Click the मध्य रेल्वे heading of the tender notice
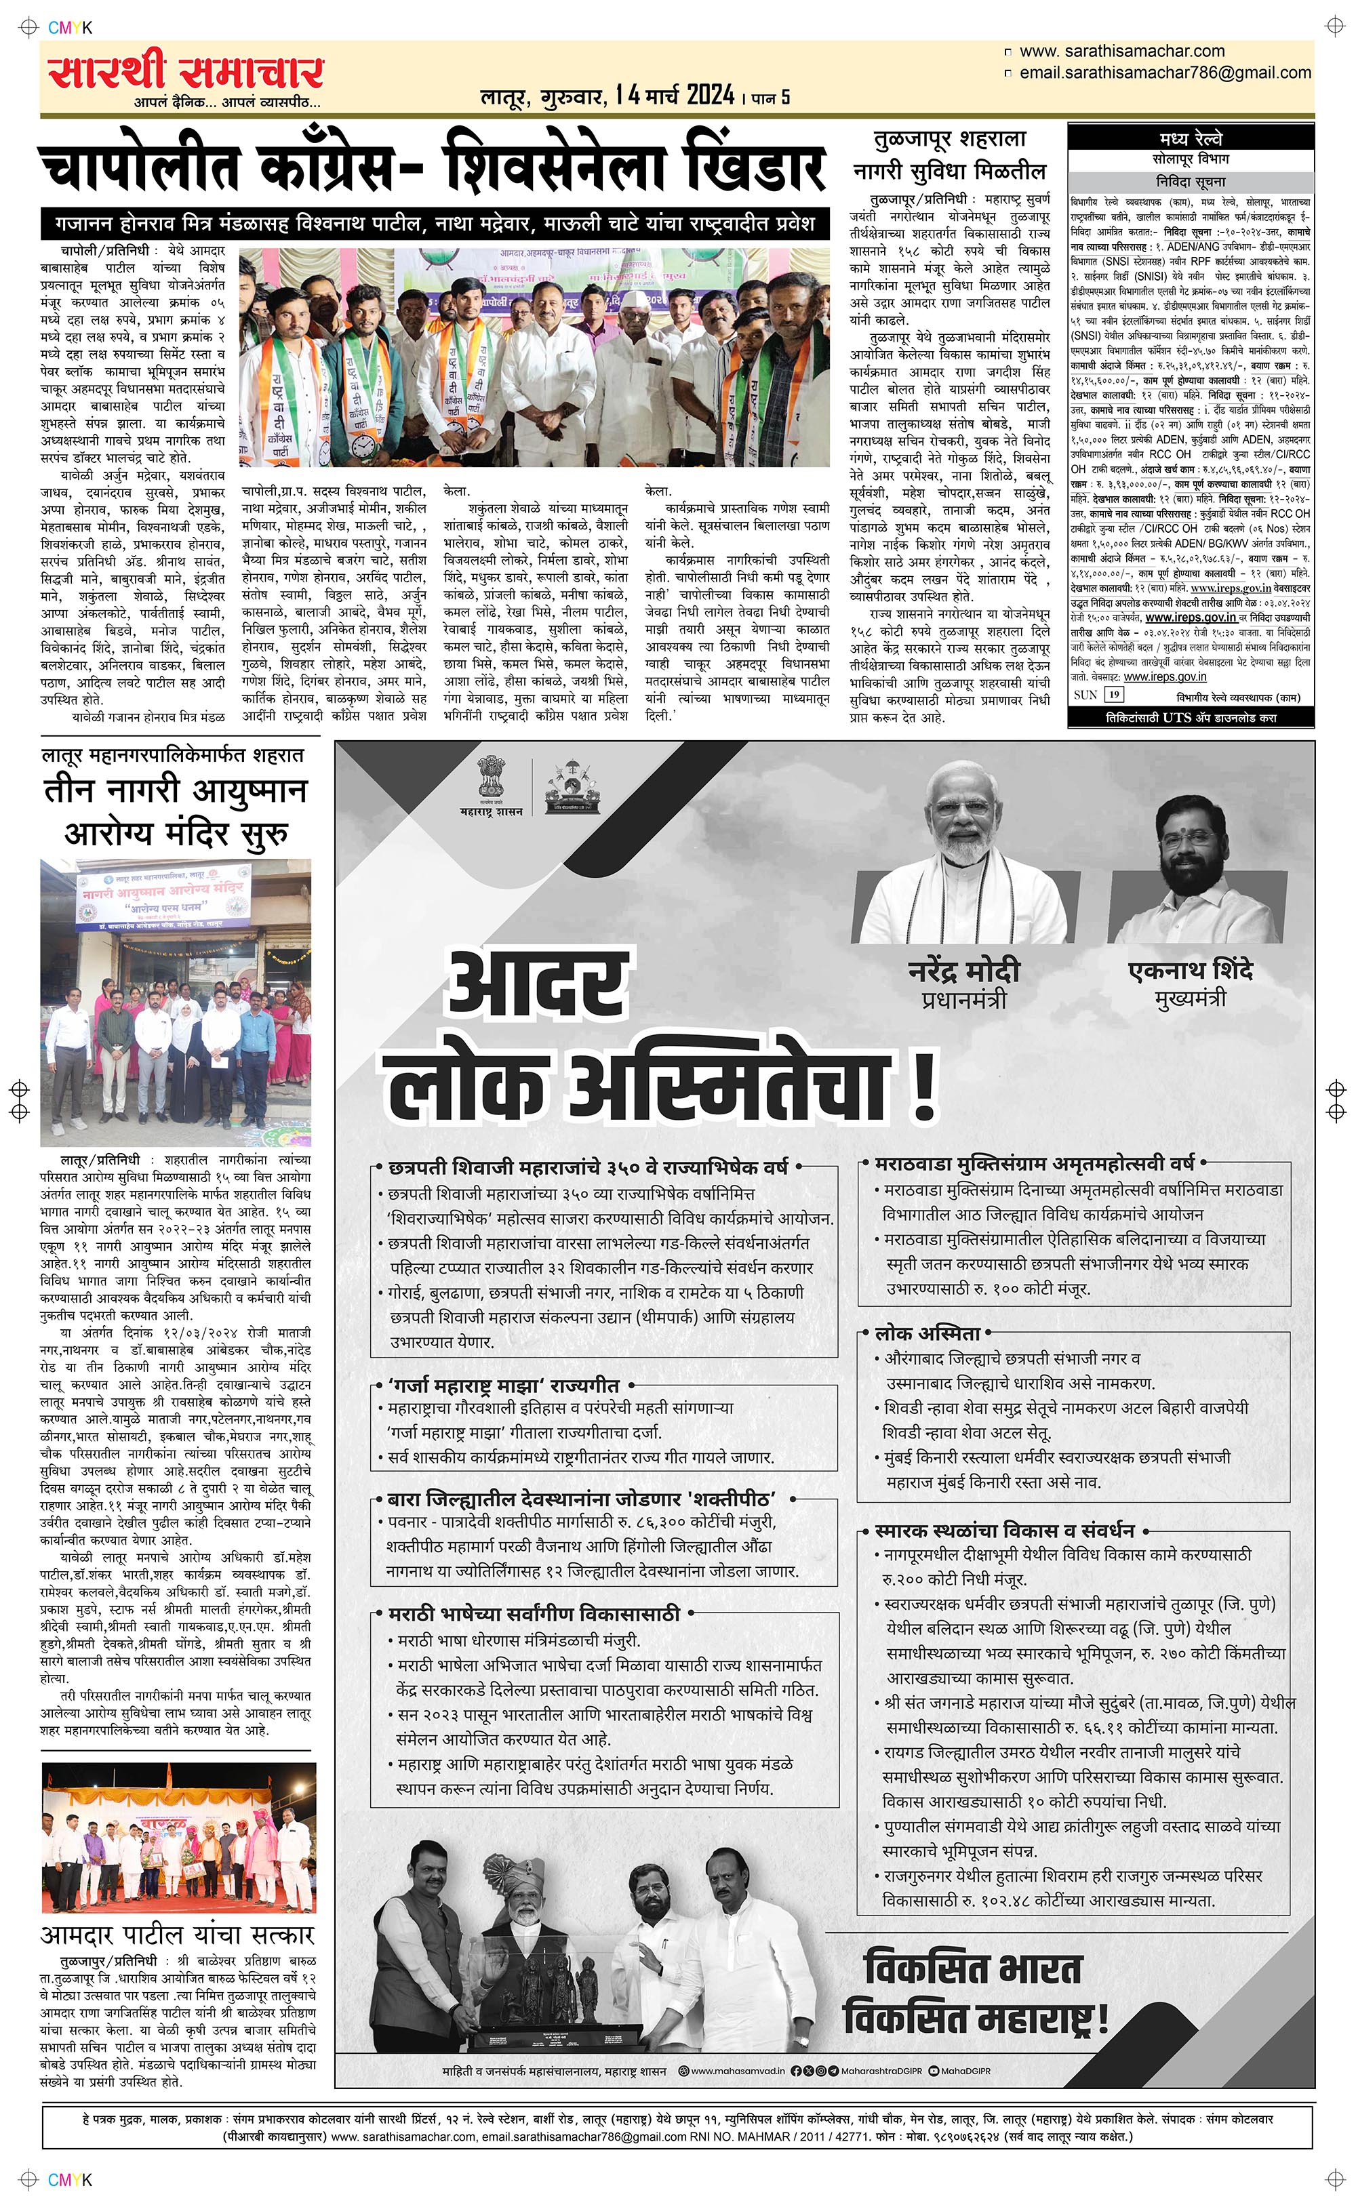(x=1189, y=140)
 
